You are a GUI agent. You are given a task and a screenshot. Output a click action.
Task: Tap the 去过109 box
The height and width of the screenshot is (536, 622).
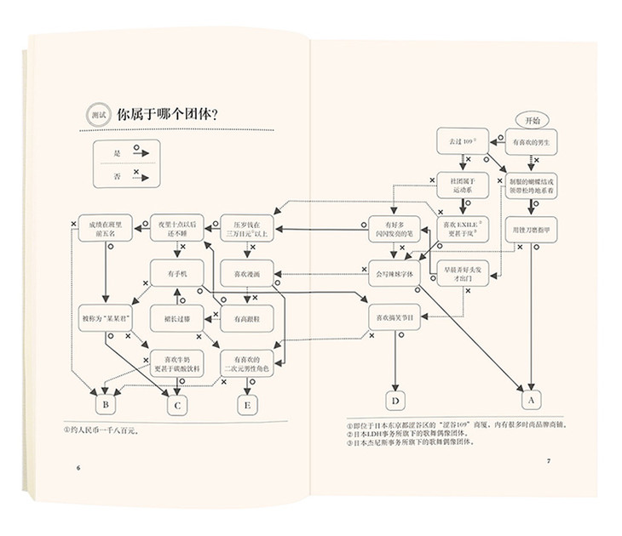(457, 141)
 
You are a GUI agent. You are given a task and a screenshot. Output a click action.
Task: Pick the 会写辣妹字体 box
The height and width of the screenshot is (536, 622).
(394, 274)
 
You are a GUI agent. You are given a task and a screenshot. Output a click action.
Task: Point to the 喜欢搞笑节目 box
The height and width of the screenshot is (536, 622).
(395, 318)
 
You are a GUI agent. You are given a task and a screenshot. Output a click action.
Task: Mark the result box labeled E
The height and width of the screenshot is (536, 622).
(247, 405)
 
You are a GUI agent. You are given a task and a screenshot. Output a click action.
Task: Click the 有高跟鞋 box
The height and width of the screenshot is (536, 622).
(246, 320)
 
